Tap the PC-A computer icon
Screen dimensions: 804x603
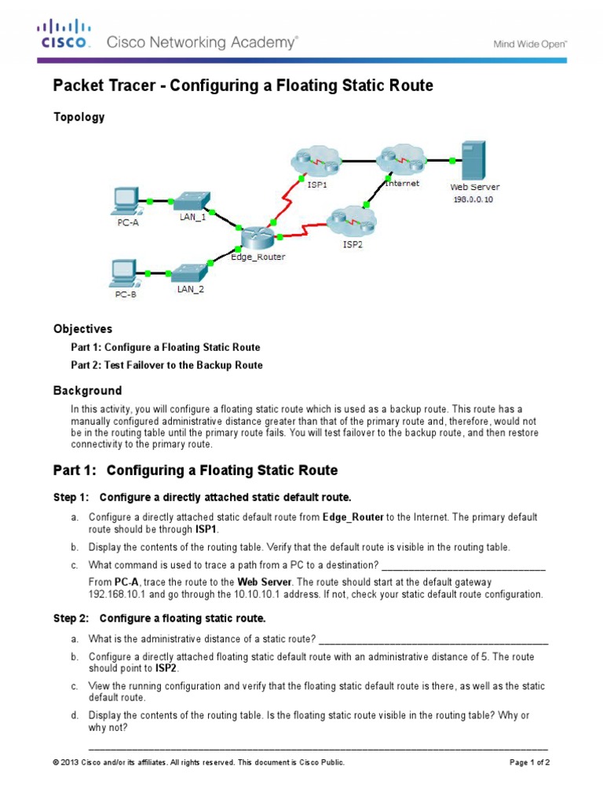click(x=125, y=200)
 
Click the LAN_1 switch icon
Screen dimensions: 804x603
click(x=189, y=199)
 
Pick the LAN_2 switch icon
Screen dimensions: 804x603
click(x=189, y=272)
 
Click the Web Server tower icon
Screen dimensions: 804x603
click(x=473, y=160)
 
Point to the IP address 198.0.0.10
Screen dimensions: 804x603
click(x=473, y=199)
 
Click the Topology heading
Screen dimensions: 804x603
click(x=79, y=117)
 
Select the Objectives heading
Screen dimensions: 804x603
click(x=82, y=328)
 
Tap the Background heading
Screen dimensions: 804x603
click(x=87, y=390)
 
